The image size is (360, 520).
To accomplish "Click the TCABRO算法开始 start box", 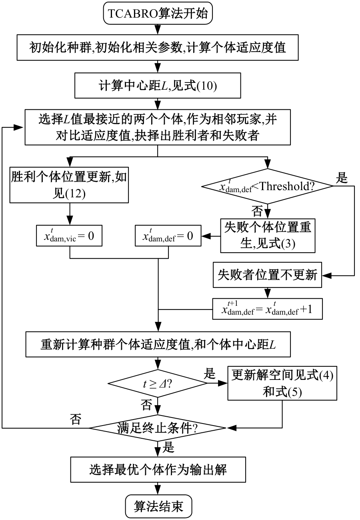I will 158,14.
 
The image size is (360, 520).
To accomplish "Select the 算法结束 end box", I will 158,506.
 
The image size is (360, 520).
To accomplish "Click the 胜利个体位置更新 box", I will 70,185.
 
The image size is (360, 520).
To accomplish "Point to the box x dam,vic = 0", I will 70,235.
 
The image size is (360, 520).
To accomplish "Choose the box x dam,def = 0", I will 168,235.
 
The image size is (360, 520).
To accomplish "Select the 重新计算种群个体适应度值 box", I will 158,344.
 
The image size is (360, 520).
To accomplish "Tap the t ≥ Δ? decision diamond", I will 158,383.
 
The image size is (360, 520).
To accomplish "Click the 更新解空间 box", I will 282,383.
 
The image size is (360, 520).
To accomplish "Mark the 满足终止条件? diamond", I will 158,428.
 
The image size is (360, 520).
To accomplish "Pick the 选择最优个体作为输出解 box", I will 158,469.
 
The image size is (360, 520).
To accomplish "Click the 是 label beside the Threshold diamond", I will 342,178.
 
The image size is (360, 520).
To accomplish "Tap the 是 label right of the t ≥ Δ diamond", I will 210,374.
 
